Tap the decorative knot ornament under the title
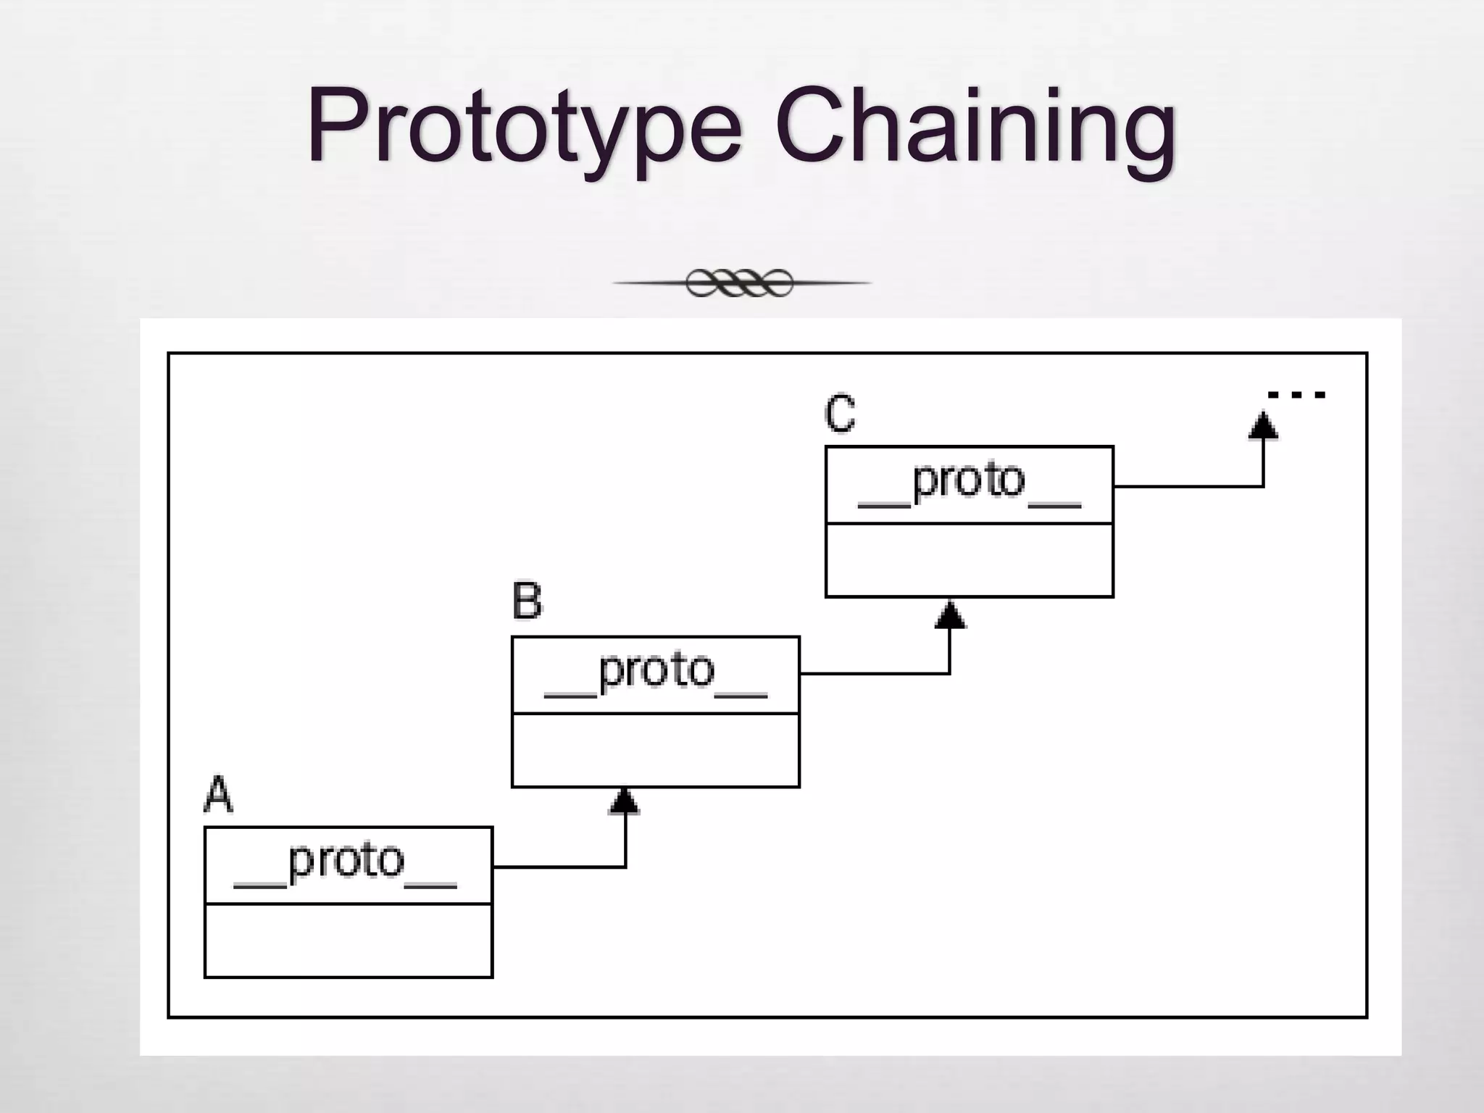740,283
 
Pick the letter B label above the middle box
527,601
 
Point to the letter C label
840,414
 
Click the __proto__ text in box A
346,864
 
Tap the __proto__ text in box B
656,673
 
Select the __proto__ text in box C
969,483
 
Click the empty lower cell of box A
349,941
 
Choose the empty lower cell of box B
656,750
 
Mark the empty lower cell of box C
969,560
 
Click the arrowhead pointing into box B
625,801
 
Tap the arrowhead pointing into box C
950,614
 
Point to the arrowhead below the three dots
1263,426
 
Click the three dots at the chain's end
1296,395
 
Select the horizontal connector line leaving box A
558,867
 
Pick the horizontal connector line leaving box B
873,674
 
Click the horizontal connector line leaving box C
1188,486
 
